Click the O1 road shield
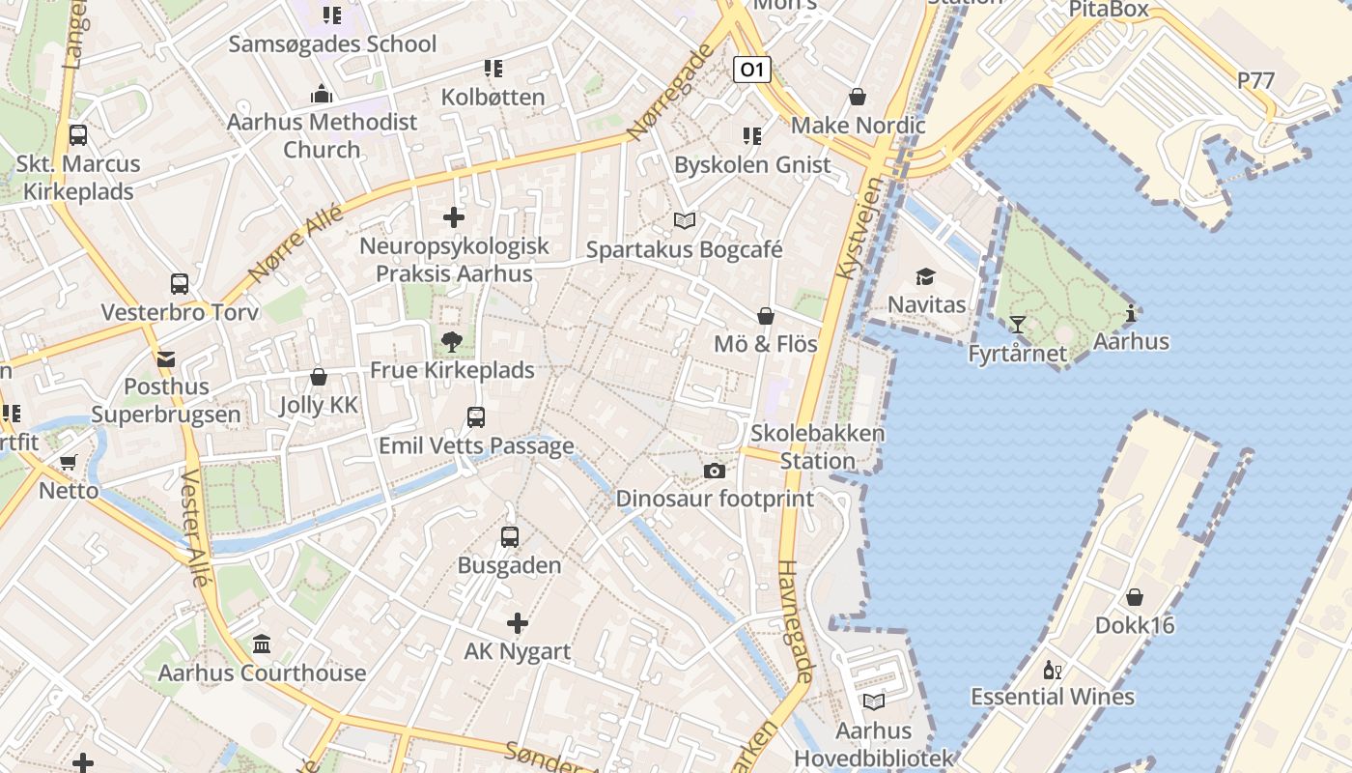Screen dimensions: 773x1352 pyautogui.click(x=752, y=70)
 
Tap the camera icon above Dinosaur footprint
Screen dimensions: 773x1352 pyautogui.click(x=715, y=471)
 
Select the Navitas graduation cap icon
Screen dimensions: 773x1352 pyautogui.click(x=926, y=276)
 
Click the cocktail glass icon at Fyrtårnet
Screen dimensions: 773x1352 pyautogui.click(x=1017, y=324)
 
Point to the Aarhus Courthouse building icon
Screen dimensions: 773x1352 pyautogui.click(x=262, y=644)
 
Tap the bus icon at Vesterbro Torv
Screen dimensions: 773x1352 pyautogui.click(x=180, y=284)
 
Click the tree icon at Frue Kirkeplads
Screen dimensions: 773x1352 pyautogui.click(x=451, y=341)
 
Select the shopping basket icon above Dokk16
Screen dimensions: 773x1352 pyautogui.click(x=1135, y=597)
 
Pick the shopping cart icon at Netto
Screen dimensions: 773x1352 pyautogui.click(x=68, y=462)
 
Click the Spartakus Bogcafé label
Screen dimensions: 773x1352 pyautogui.click(x=684, y=249)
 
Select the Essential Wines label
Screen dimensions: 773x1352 pyautogui.click(x=1052, y=697)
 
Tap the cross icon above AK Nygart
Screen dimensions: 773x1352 pyautogui.click(x=518, y=623)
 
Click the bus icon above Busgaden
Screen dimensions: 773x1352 pyautogui.click(x=510, y=537)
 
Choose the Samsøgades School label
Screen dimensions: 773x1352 pyautogui.click(x=332, y=43)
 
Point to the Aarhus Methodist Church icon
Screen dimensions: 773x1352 pyautogui.click(x=322, y=94)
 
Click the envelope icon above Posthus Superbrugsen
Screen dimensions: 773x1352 pyautogui.click(x=166, y=359)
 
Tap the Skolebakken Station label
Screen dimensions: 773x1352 pyautogui.click(x=817, y=446)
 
